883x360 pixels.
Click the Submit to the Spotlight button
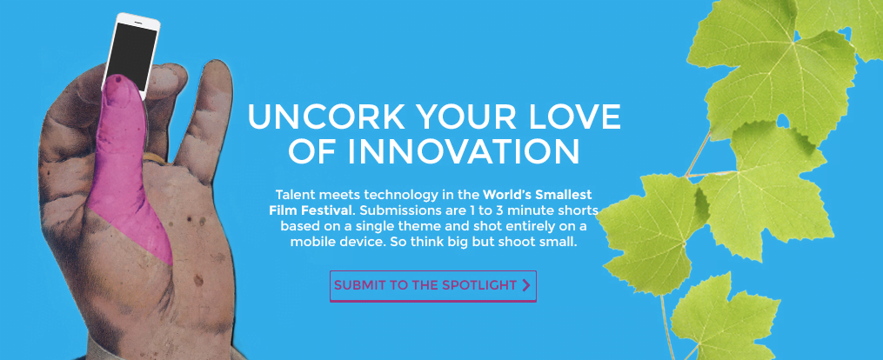tap(432, 286)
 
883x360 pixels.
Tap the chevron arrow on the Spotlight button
tap(526, 285)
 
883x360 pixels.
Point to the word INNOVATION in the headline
tap(464, 150)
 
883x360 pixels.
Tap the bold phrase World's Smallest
tap(538, 195)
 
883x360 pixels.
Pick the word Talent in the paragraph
tap(293, 195)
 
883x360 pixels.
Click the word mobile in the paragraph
tap(310, 243)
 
